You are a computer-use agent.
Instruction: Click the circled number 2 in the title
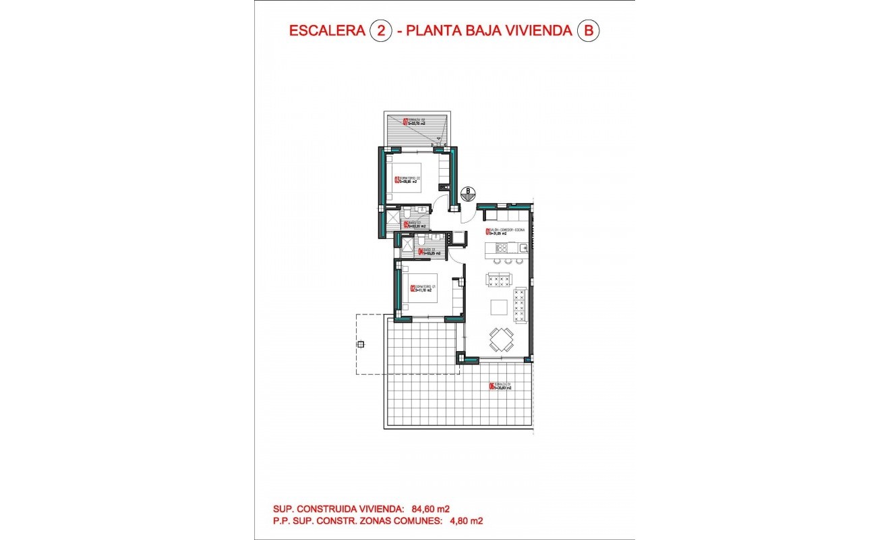pyautogui.click(x=381, y=31)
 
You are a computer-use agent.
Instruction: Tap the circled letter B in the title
pyautogui.click(x=588, y=31)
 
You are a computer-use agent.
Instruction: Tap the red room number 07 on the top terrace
pyautogui.click(x=405, y=123)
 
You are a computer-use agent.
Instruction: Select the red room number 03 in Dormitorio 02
pyautogui.click(x=396, y=180)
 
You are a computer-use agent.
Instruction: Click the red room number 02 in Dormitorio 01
pyautogui.click(x=412, y=290)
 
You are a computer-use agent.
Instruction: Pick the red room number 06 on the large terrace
pyautogui.click(x=492, y=387)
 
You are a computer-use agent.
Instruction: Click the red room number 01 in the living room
pyautogui.click(x=487, y=233)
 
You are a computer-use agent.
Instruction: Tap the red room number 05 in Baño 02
pyautogui.click(x=405, y=225)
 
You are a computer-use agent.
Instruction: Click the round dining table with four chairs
pyautogui.click(x=500, y=340)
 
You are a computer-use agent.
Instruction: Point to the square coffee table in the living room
pyautogui.click(x=500, y=308)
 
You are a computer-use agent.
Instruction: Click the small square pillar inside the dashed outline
pyautogui.click(x=361, y=344)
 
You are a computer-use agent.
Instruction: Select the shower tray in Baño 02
pyautogui.click(x=389, y=218)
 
